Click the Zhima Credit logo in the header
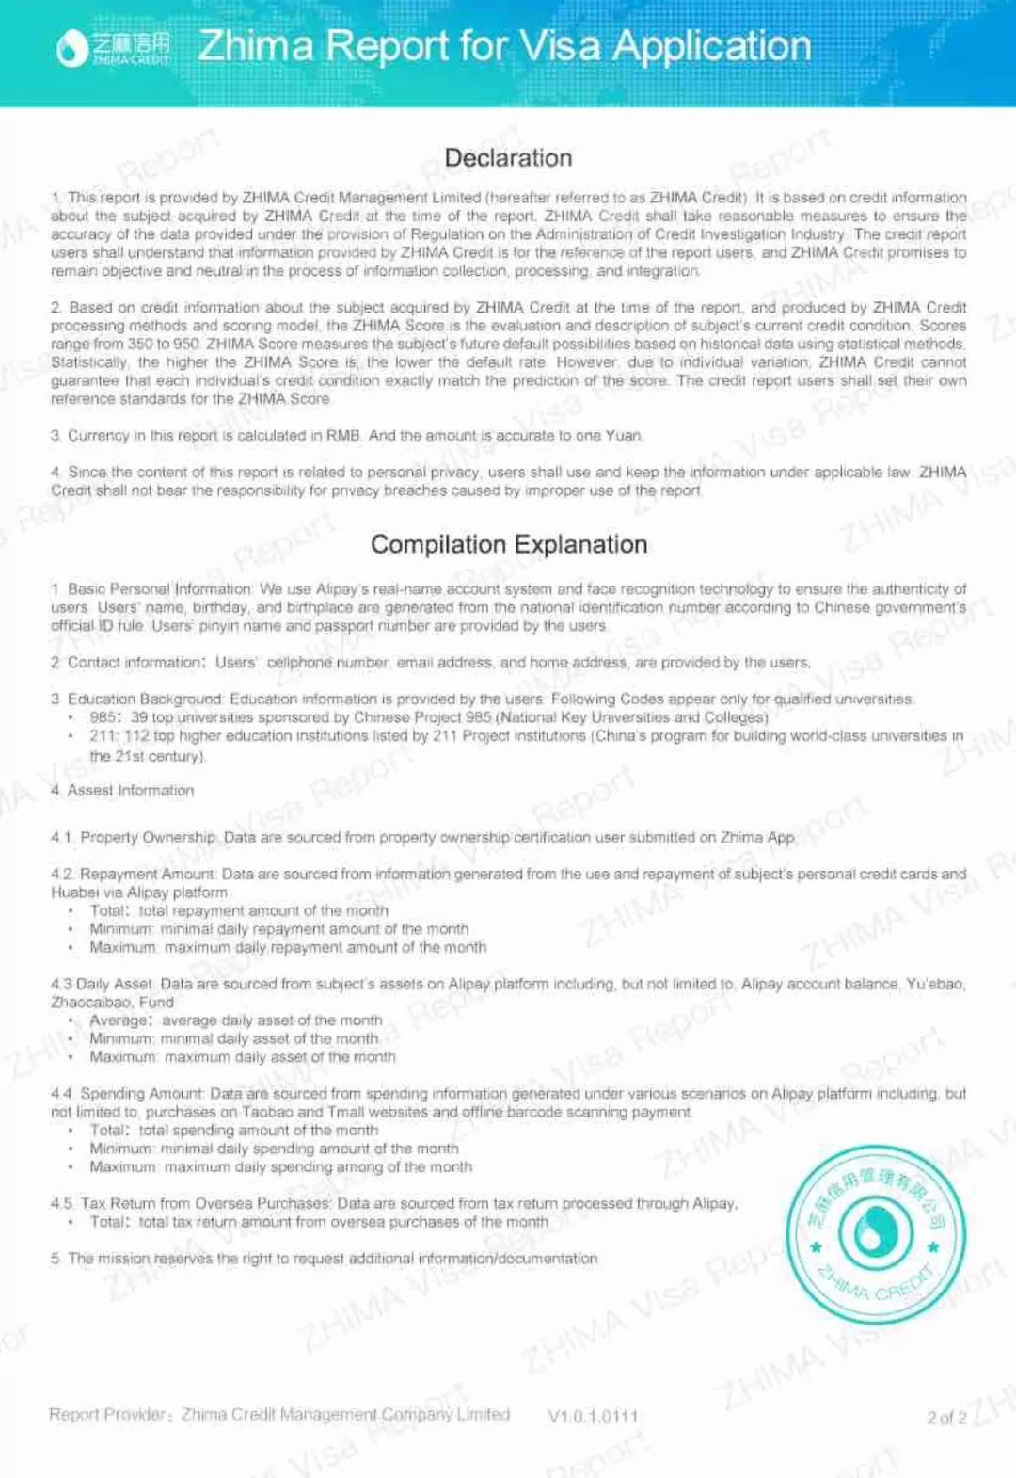(113, 47)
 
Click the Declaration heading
(508, 157)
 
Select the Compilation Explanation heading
(508, 544)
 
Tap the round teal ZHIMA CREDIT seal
(875, 1234)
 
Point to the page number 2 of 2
(945, 1417)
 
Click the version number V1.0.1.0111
(593, 1416)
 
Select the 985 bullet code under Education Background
(103, 717)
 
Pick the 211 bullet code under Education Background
(103, 735)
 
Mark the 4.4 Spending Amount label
(141, 1093)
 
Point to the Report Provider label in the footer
(109, 1414)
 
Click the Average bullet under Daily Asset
(119, 1020)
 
